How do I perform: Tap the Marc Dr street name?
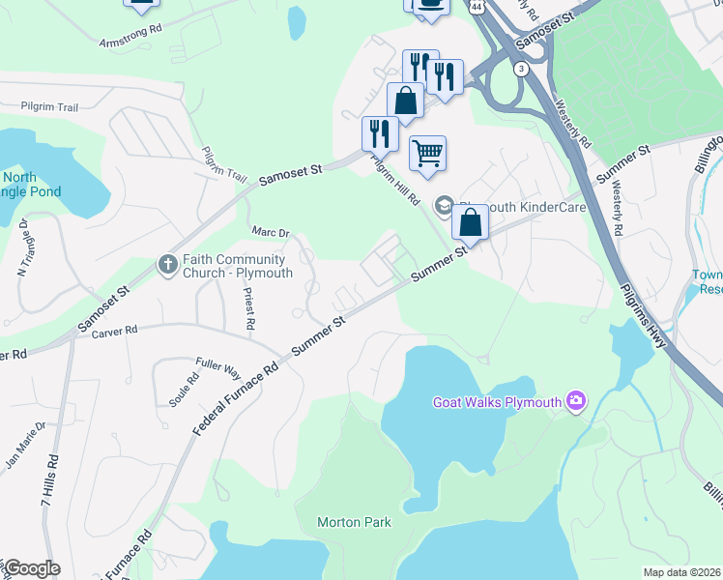[x=271, y=233]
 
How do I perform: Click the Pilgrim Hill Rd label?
[x=398, y=181]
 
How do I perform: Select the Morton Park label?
[x=355, y=522]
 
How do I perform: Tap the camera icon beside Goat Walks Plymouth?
[x=577, y=400]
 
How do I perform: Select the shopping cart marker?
[x=427, y=153]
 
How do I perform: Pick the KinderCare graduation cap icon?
[x=444, y=205]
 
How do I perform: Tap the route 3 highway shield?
[x=522, y=69]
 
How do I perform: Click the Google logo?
[x=32, y=568]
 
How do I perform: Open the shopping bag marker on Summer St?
[x=470, y=222]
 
